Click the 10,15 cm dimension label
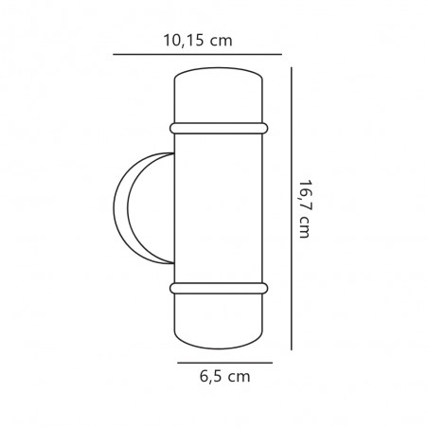point(198,41)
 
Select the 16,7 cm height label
point(305,209)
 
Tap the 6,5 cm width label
point(224,377)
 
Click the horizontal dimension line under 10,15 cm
point(197,54)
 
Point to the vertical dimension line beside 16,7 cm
point(291,208)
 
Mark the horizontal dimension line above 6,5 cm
point(224,363)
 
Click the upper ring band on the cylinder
point(219,129)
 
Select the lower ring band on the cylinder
point(219,289)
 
